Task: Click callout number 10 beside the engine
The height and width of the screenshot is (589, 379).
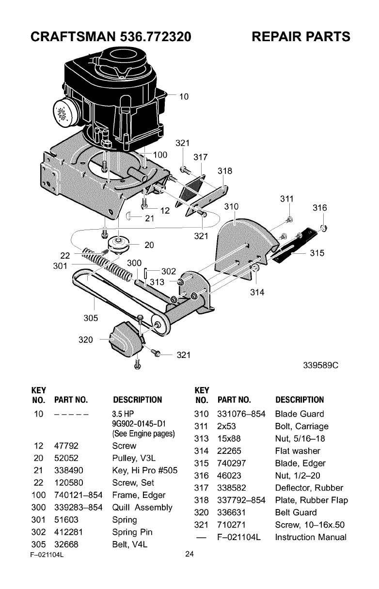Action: [184, 96]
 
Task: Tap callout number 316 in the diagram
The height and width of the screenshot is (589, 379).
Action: [319, 208]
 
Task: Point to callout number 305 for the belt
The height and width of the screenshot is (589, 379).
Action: [91, 318]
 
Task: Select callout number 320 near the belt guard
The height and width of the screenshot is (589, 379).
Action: [86, 340]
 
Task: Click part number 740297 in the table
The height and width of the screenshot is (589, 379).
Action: [230, 463]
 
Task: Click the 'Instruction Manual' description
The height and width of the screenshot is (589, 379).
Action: [310, 537]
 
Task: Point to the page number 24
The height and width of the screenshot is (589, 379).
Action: [189, 555]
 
